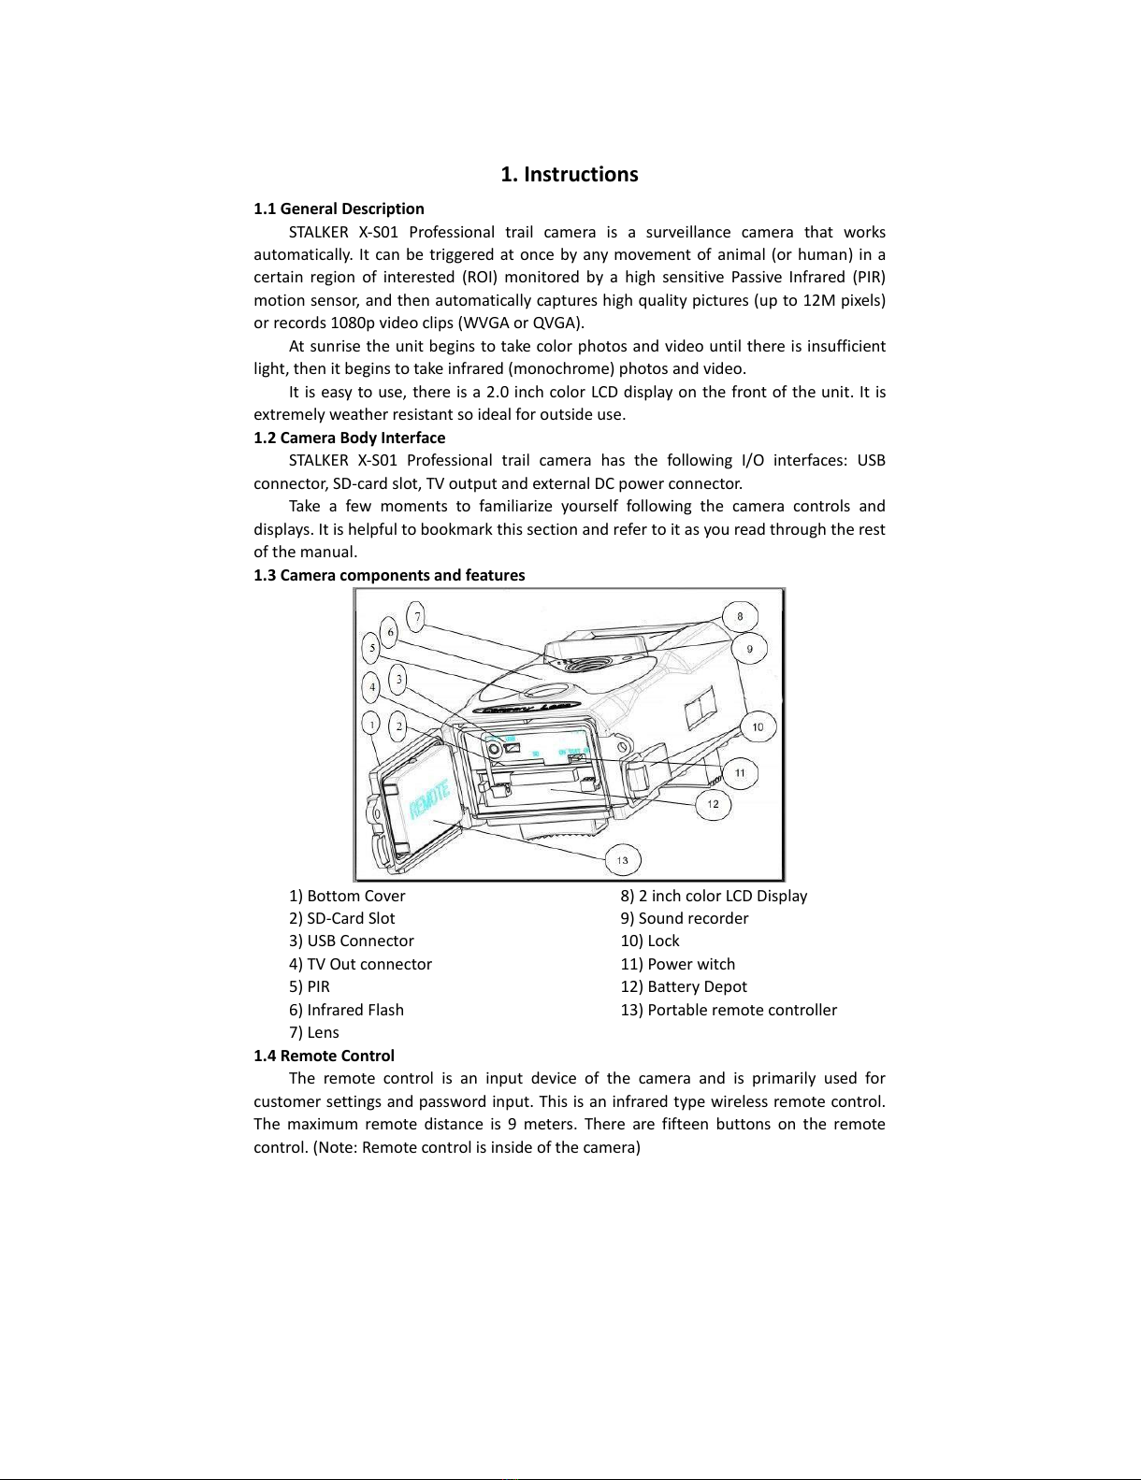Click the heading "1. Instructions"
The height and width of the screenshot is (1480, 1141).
click(569, 175)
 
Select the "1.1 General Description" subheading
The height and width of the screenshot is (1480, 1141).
click(339, 208)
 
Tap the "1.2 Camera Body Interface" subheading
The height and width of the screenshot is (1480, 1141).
click(349, 438)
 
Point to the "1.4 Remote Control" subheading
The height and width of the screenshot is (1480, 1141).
click(324, 1056)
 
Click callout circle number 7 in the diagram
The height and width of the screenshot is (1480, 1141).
click(418, 616)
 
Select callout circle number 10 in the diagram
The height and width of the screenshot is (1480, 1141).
click(758, 726)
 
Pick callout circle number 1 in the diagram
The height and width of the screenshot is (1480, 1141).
click(373, 725)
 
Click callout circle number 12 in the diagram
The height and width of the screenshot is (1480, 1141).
click(713, 803)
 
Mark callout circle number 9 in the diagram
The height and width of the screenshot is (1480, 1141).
click(749, 648)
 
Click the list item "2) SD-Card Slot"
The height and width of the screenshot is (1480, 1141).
click(342, 918)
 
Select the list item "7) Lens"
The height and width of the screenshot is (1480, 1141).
click(314, 1032)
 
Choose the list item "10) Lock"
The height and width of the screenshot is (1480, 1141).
click(650, 941)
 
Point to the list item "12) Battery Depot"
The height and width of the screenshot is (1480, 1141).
click(684, 986)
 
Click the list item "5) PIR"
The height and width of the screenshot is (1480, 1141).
click(310, 986)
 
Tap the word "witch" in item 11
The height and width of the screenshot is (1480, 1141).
click(715, 964)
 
